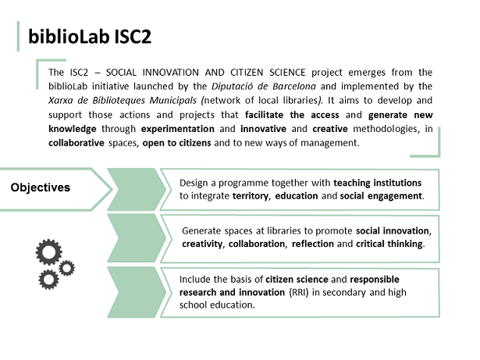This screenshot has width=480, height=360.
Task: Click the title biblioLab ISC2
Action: [x=90, y=37]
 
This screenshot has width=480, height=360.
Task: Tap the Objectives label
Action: [x=41, y=187]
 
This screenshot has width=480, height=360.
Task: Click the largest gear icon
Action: [x=48, y=252]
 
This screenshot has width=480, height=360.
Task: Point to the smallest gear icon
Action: [x=66, y=269]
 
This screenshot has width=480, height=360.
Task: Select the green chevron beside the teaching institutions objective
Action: [x=137, y=189]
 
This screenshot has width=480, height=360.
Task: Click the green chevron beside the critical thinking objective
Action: [x=137, y=238]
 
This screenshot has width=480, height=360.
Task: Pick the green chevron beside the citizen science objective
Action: [x=137, y=292]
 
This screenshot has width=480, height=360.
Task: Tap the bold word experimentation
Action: [x=177, y=129]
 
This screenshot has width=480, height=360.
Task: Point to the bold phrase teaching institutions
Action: [x=378, y=183]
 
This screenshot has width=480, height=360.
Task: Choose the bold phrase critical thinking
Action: [x=389, y=244]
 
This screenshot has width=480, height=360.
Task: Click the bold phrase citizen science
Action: [x=297, y=280]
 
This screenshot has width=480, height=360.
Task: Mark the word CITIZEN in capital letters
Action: [x=247, y=73]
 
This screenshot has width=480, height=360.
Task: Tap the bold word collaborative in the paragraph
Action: [x=76, y=143]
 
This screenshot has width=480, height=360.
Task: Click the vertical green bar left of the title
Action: [x=18, y=36]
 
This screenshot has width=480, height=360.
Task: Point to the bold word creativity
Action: [x=202, y=244]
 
